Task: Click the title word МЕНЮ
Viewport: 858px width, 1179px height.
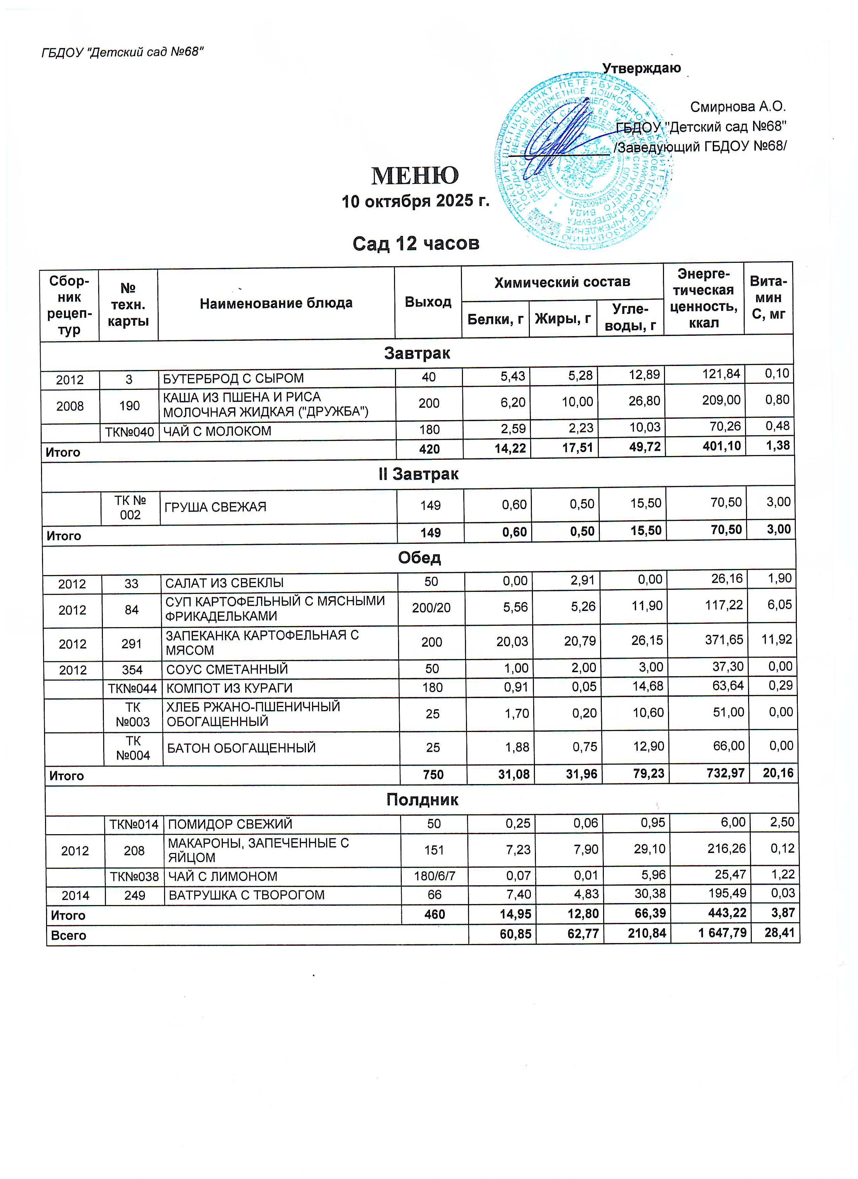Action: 415,176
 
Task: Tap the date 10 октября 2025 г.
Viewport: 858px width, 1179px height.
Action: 415,201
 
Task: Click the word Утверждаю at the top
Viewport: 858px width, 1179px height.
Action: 641,68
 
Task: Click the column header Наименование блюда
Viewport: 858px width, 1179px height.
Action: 276,303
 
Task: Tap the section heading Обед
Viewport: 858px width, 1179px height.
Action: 419,558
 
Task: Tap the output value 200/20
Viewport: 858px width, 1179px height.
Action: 431,608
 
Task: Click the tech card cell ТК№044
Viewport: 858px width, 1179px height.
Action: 132,688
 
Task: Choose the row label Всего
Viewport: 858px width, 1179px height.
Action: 68,936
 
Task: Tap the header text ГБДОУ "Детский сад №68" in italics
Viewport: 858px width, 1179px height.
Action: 122,52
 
